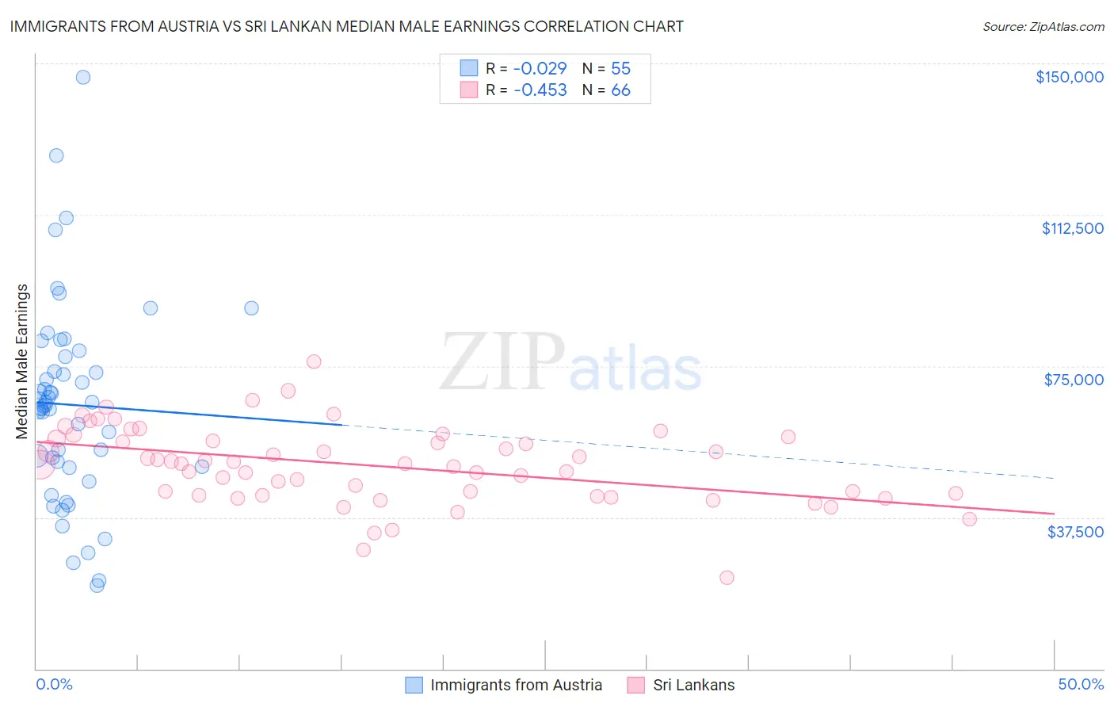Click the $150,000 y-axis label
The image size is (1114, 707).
pyautogui.click(x=1069, y=77)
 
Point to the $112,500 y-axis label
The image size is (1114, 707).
pyautogui.click(x=1072, y=228)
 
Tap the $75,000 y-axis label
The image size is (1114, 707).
pyautogui.click(x=1074, y=380)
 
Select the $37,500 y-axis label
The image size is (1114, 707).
pyautogui.click(x=1075, y=532)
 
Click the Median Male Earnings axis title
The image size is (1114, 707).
pyautogui.click(x=22, y=361)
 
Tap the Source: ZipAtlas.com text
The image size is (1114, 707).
pyautogui.click(x=1043, y=27)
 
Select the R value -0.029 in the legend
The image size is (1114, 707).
pyautogui.click(x=540, y=69)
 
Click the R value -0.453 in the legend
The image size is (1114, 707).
pyautogui.click(x=540, y=90)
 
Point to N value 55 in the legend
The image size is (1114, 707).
pyautogui.click(x=620, y=69)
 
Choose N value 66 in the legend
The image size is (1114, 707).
pyautogui.click(x=620, y=90)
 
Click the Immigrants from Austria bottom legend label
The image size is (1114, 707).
pyautogui.click(x=516, y=685)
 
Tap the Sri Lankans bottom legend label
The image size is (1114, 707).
pyautogui.click(x=693, y=685)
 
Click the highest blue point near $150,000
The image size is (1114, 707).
pyautogui.click(x=82, y=77)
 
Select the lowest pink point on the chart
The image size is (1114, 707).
pyautogui.click(x=727, y=578)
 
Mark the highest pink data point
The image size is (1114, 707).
pyautogui.click(x=314, y=361)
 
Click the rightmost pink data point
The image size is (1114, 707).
pyautogui.click(x=969, y=519)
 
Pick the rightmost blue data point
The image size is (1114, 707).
pyautogui.click(x=251, y=308)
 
